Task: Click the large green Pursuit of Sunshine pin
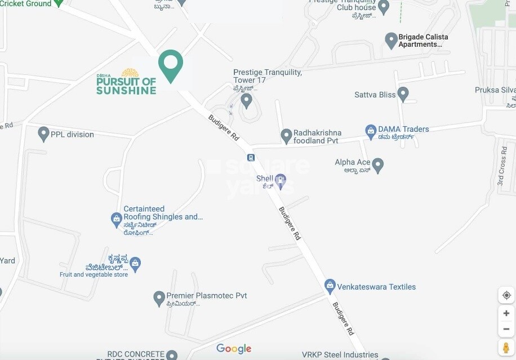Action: pyautogui.click(x=171, y=65)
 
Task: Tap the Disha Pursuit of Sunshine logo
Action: pyautogui.click(x=126, y=82)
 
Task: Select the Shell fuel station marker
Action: pyautogui.click(x=280, y=181)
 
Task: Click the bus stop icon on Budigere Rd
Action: pyautogui.click(x=251, y=158)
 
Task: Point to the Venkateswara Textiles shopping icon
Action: pyautogui.click(x=330, y=286)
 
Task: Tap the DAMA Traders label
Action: pyautogui.click(x=403, y=129)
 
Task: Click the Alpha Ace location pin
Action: pyautogui.click(x=378, y=165)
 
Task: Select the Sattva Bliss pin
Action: pyautogui.click(x=403, y=94)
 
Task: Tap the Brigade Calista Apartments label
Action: pyautogui.click(x=423, y=41)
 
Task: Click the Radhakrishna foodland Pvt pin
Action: pyautogui.click(x=286, y=135)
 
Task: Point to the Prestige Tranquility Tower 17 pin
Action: pyautogui.click(x=246, y=100)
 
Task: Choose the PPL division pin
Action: pyautogui.click(x=43, y=134)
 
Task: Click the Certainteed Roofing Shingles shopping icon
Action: pyautogui.click(x=116, y=217)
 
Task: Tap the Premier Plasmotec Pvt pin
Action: pyautogui.click(x=159, y=298)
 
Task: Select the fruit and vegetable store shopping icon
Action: pyautogui.click(x=135, y=263)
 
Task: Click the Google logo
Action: pyautogui.click(x=234, y=349)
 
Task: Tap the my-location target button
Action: pyautogui.click(x=506, y=295)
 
